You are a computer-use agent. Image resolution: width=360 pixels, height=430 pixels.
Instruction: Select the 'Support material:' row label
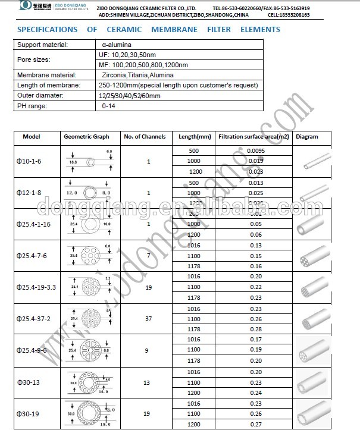42,45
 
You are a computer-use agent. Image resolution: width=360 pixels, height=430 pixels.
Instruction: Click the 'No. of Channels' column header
140,137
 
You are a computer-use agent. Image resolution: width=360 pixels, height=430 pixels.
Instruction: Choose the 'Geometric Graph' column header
87,137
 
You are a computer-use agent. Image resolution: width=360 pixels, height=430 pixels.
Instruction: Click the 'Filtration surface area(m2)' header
254,137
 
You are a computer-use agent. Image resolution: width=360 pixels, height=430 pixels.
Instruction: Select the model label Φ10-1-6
29,161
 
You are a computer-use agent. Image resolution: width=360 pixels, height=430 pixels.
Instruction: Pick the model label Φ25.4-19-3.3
37,287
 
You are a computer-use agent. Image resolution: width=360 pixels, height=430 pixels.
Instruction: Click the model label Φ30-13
28,381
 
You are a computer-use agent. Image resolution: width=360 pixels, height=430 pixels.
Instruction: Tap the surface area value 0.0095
255,151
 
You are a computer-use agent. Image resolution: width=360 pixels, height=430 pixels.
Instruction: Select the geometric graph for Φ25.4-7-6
87,256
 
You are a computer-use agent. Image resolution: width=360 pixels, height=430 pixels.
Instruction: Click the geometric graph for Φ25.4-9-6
87,350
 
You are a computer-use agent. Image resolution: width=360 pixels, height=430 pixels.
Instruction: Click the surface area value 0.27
255,424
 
